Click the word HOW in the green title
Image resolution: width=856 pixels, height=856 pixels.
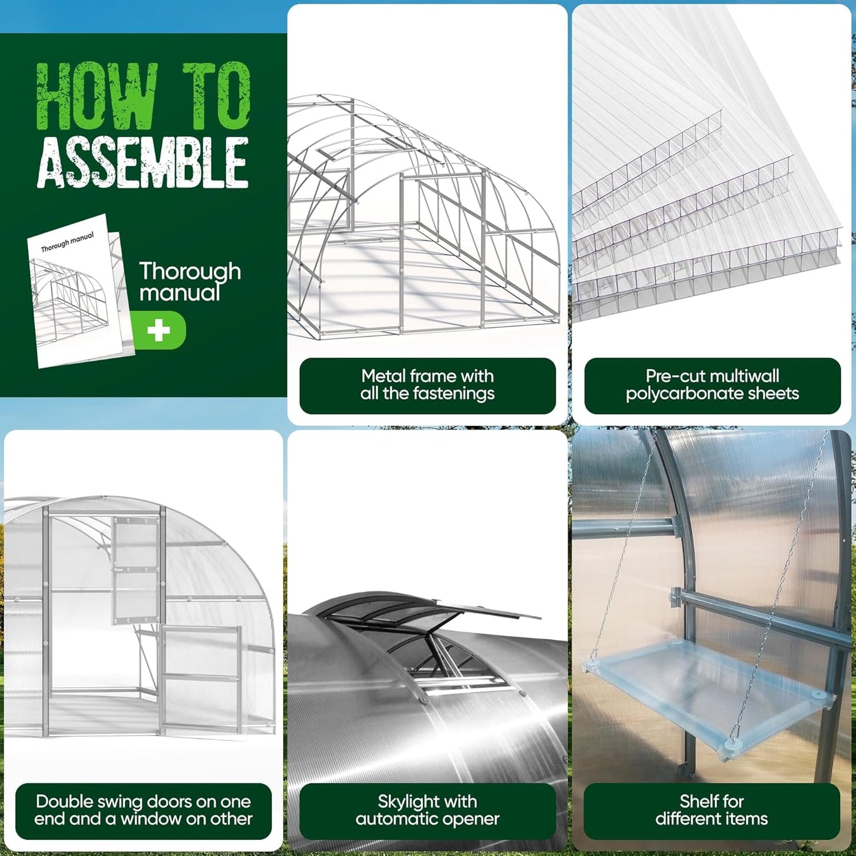pos(96,96)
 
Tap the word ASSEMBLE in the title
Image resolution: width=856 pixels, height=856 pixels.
pos(142,162)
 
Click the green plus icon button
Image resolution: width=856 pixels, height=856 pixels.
pos(158,331)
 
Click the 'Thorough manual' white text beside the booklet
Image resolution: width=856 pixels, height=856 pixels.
pos(190,281)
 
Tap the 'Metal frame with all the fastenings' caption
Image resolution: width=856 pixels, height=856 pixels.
pos(427,385)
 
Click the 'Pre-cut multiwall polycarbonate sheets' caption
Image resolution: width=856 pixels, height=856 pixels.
pos(712,385)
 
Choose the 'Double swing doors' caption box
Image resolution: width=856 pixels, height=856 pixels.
pos(143,810)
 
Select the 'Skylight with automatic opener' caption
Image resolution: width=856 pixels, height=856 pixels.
pos(427,810)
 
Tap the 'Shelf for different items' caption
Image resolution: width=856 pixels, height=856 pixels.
pos(711,810)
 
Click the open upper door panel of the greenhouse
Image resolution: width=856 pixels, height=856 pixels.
pos(136,569)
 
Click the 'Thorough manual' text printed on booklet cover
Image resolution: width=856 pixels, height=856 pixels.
pos(67,242)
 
